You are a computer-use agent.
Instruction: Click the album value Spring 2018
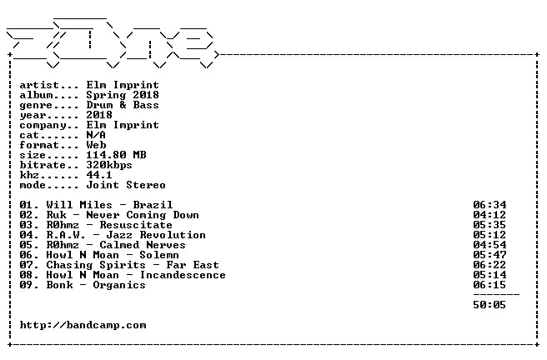coord(123,96)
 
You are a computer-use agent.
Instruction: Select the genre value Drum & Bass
coord(123,105)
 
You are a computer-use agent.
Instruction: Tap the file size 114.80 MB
coord(116,155)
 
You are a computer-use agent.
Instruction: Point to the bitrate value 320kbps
coord(109,166)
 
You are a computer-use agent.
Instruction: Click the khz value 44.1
coord(99,175)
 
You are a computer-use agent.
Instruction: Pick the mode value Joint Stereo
coord(126,185)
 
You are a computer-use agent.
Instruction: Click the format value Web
coord(96,145)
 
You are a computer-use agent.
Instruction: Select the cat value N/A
coord(96,135)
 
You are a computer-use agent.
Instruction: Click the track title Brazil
coord(153,205)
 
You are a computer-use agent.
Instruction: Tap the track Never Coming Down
coord(143,215)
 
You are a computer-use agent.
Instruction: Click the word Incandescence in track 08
coord(183,275)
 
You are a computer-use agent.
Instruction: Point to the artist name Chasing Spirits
coord(96,266)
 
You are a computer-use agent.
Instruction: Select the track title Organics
coord(119,286)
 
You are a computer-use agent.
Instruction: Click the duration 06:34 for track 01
coord(489,205)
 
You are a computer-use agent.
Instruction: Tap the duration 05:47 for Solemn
coord(489,255)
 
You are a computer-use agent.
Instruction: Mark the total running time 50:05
coord(489,305)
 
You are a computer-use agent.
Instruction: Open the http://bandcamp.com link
coord(83,326)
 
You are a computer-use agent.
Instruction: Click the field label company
coord(43,126)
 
